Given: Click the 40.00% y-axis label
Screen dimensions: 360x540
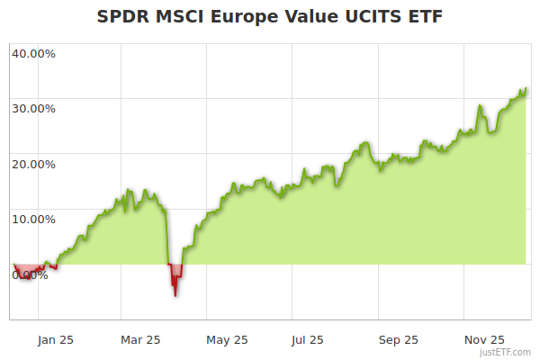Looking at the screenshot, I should click(33, 53).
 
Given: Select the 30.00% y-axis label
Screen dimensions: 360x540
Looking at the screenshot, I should click(33, 108).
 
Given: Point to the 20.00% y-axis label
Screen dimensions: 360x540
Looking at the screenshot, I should click(33, 164).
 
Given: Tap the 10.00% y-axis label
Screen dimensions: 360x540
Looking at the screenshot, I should click(33, 219).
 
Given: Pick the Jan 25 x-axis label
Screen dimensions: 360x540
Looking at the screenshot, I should click(55, 340).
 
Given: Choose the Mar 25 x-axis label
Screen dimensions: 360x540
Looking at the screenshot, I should click(140, 340).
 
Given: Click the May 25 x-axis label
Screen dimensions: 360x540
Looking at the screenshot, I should click(226, 340).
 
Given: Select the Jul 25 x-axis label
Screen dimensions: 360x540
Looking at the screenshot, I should click(308, 340).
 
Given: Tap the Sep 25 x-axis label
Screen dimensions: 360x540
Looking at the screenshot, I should click(397, 340).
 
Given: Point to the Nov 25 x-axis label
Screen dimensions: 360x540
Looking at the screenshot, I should click(483, 340).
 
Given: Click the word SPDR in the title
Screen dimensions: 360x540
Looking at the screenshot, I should click(121, 17).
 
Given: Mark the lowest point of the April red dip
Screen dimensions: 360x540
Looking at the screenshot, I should click(175, 295).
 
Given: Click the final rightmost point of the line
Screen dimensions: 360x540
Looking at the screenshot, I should click(526, 89).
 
